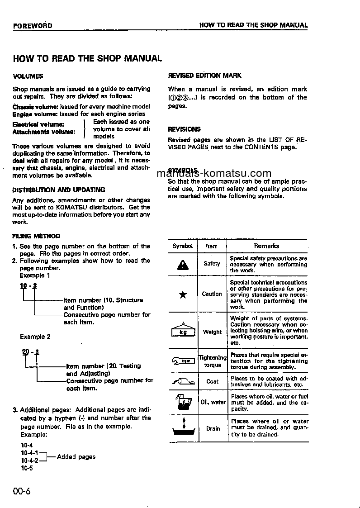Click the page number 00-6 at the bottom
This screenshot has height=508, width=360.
(x=21, y=492)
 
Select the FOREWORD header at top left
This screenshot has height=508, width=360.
(x=33, y=26)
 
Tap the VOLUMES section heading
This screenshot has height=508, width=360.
(x=28, y=76)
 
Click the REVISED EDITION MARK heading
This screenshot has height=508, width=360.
(x=204, y=76)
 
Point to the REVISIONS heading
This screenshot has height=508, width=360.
(x=184, y=129)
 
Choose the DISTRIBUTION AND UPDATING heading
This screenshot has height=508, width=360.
(x=59, y=190)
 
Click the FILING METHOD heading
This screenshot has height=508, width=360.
(x=36, y=236)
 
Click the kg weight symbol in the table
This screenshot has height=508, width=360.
(x=183, y=331)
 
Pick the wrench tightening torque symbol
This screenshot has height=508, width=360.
(x=183, y=361)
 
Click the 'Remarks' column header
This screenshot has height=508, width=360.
(x=266, y=246)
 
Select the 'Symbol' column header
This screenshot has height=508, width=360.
(x=183, y=246)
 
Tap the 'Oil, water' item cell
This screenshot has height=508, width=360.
(x=213, y=402)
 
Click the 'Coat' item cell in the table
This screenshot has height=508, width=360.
(x=212, y=381)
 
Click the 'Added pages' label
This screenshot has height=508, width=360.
(x=76, y=457)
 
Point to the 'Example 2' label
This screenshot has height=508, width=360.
(x=35, y=337)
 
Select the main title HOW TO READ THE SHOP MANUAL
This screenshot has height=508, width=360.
(x=87, y=58)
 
